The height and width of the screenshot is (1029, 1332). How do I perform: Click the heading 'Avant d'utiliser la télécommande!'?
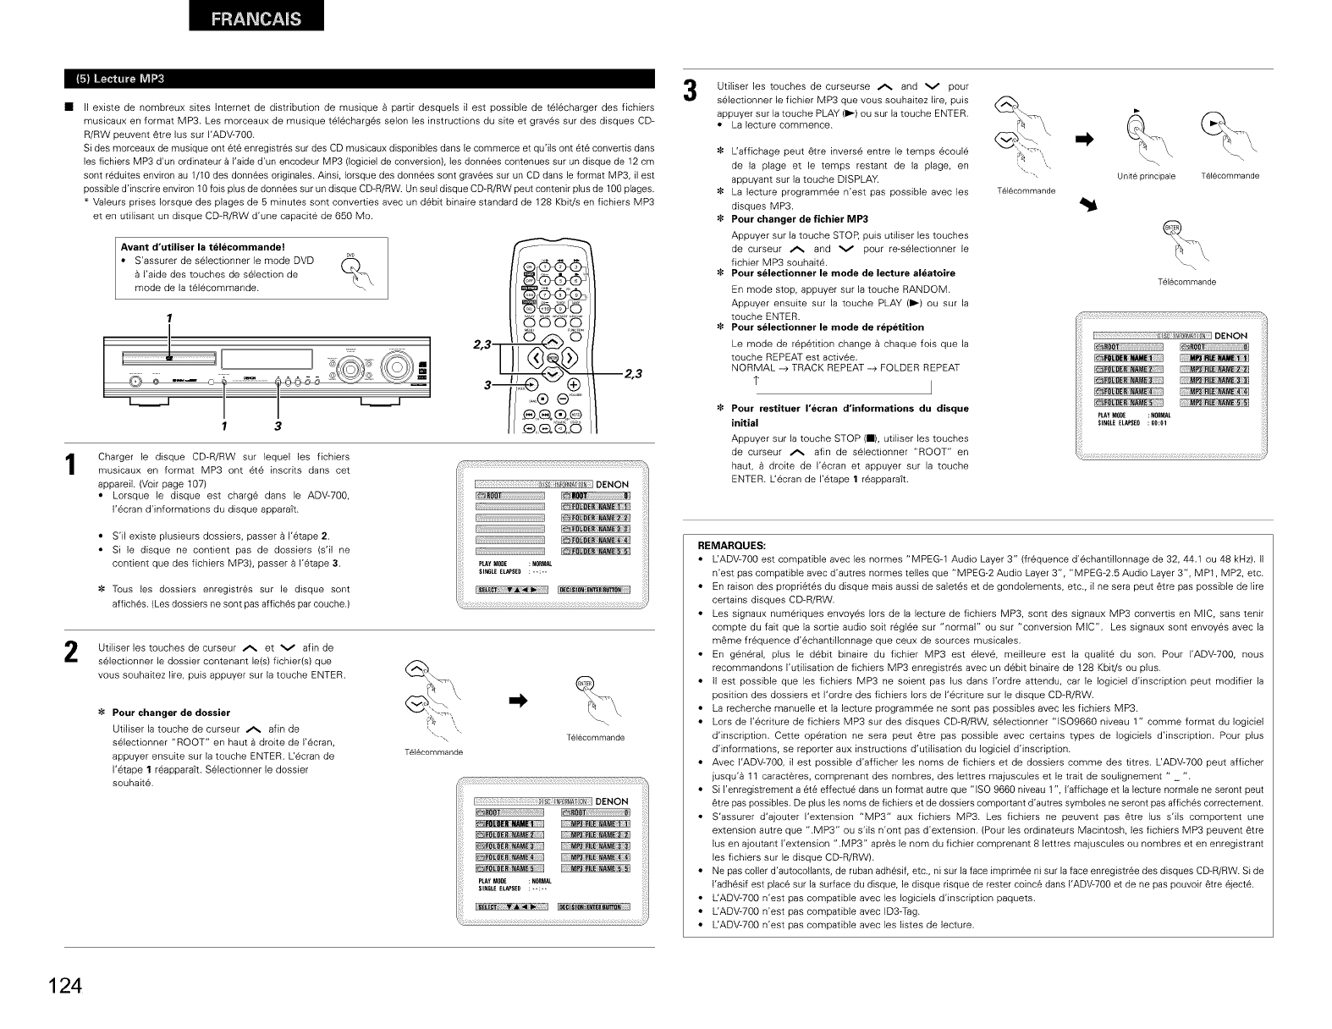[190, 247]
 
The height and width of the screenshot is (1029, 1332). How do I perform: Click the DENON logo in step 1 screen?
[612, 485]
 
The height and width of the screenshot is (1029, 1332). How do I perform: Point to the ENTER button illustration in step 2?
[584, 685]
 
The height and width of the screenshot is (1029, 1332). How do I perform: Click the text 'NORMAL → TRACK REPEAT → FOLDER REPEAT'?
[845, 367]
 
